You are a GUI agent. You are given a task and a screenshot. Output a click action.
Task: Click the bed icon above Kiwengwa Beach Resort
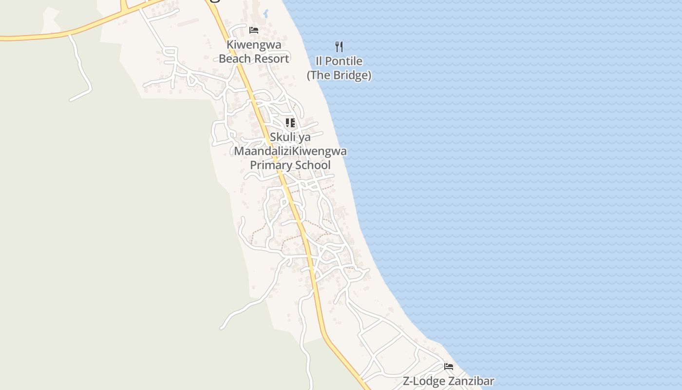[254, 30]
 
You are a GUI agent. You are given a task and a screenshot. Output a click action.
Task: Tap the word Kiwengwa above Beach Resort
[254, 45]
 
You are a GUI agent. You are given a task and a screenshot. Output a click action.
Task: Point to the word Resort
[272, 58]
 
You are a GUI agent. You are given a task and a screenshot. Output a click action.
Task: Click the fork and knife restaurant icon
[339, 47]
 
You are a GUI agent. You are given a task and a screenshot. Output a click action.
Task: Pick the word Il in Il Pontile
[320, 61]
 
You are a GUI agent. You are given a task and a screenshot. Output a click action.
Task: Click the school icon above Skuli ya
[290, 122]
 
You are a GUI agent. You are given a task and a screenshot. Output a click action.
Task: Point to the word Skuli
[283, 137]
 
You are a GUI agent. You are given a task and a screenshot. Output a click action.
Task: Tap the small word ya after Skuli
[304, 137]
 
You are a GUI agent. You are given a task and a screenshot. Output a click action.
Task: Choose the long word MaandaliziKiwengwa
[290, 151]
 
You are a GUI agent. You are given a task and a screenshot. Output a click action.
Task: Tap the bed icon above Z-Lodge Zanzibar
[449, 367]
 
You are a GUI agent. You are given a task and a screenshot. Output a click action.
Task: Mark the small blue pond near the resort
[265, 13]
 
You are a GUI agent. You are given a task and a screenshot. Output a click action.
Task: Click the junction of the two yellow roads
[124, 10]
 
